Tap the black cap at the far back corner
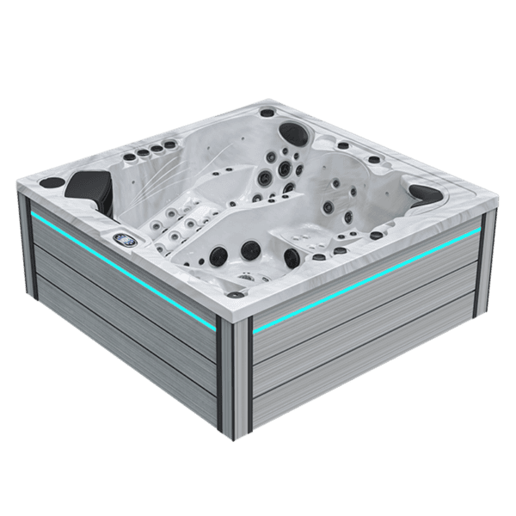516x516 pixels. [x=267, y=113]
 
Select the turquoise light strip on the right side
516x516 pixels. [x=365, y=281]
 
